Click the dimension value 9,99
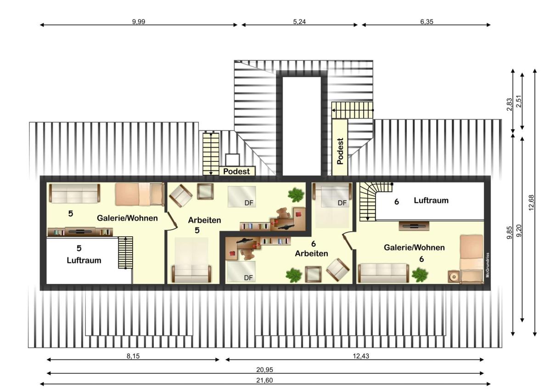[x=139, y=22]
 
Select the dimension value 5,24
[x=299, y=22]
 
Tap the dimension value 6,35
[x=427, y=22]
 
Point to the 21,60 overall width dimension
[x=264, y=380]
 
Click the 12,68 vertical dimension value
[x=531, y=202]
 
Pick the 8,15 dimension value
[x=133, y=356]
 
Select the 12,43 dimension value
[x=361, y=356]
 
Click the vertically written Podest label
[x=340, y=151]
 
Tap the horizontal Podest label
[x=236, y=171]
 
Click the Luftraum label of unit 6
[x=431, y=200]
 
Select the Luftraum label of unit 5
[x=84, y=260]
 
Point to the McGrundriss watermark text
[x=488, y=265]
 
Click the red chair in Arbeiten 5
[x=298, y=214]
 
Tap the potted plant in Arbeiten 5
[x=296, y=195]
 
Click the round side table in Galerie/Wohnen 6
[x=454, y=277]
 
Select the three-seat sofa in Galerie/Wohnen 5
[x=74, y=193]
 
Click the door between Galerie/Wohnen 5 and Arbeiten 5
[x=172, y=221]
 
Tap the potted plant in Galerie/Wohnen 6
[x=420, y=275]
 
